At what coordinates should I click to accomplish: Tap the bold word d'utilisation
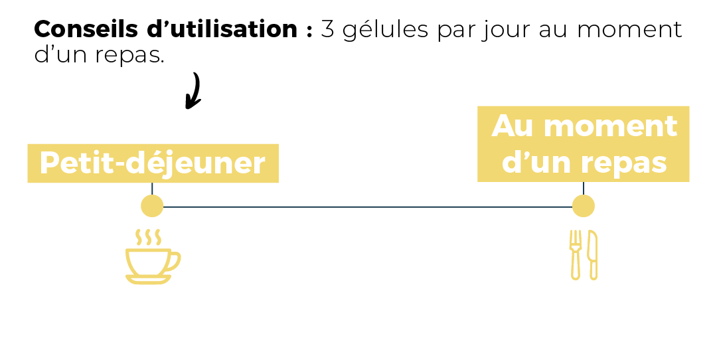(222, 29)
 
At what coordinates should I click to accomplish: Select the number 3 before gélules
(327, 30)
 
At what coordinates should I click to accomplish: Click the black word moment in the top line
(629, 30)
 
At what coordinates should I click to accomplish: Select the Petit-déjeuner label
(153, 163)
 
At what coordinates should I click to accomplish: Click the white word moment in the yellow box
(610, 126)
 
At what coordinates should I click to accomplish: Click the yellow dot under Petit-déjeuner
(152, 206)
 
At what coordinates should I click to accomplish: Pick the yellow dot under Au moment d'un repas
(583, 206)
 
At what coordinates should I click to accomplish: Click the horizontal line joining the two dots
(368, 207)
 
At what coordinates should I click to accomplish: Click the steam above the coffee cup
(149, 237)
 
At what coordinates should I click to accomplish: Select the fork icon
(575, 255)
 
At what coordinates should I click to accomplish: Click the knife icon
(593, 255)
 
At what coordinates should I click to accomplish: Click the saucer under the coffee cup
(148, 279)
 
